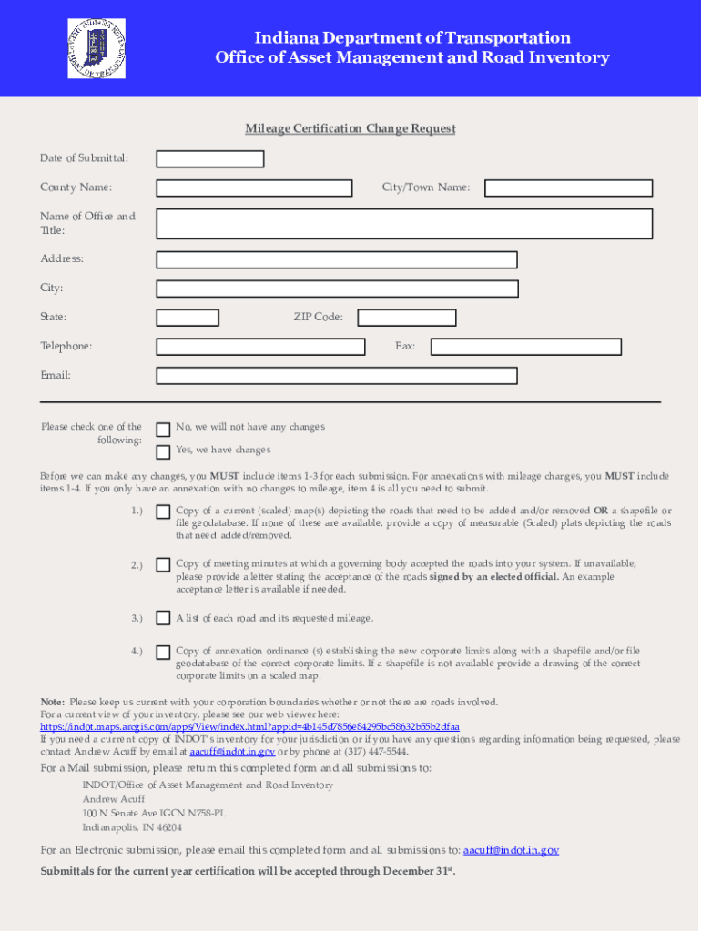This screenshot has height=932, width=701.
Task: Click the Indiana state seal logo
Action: point(97,48)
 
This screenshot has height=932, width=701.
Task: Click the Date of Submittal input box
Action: point(210,159)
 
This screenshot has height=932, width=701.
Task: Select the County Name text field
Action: point(254,188)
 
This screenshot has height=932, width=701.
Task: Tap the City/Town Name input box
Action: point(568,188)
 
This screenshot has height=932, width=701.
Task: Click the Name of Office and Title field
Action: point(404,224)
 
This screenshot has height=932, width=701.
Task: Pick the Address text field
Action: point(337,259)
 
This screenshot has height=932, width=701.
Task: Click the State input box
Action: point(188,318)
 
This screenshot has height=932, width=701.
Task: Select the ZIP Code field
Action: point(406,318)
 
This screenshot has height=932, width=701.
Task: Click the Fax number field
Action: point(526,347)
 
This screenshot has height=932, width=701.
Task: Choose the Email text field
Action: point(337,376)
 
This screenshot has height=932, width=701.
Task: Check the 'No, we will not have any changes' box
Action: point(163,429)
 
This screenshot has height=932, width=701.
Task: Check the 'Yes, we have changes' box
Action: point(163,452)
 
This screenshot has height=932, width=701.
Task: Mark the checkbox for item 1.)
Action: point(163,512)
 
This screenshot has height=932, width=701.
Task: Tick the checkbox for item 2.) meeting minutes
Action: point(163,565)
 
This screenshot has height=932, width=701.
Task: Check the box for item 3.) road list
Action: point(163,619)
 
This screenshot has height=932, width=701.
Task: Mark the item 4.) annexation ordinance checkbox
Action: point(163,653)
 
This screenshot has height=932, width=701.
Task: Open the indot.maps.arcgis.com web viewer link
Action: point(249,727)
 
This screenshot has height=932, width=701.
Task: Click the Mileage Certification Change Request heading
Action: point(350,128)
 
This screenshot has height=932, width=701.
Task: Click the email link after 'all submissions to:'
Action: point(511,850)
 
